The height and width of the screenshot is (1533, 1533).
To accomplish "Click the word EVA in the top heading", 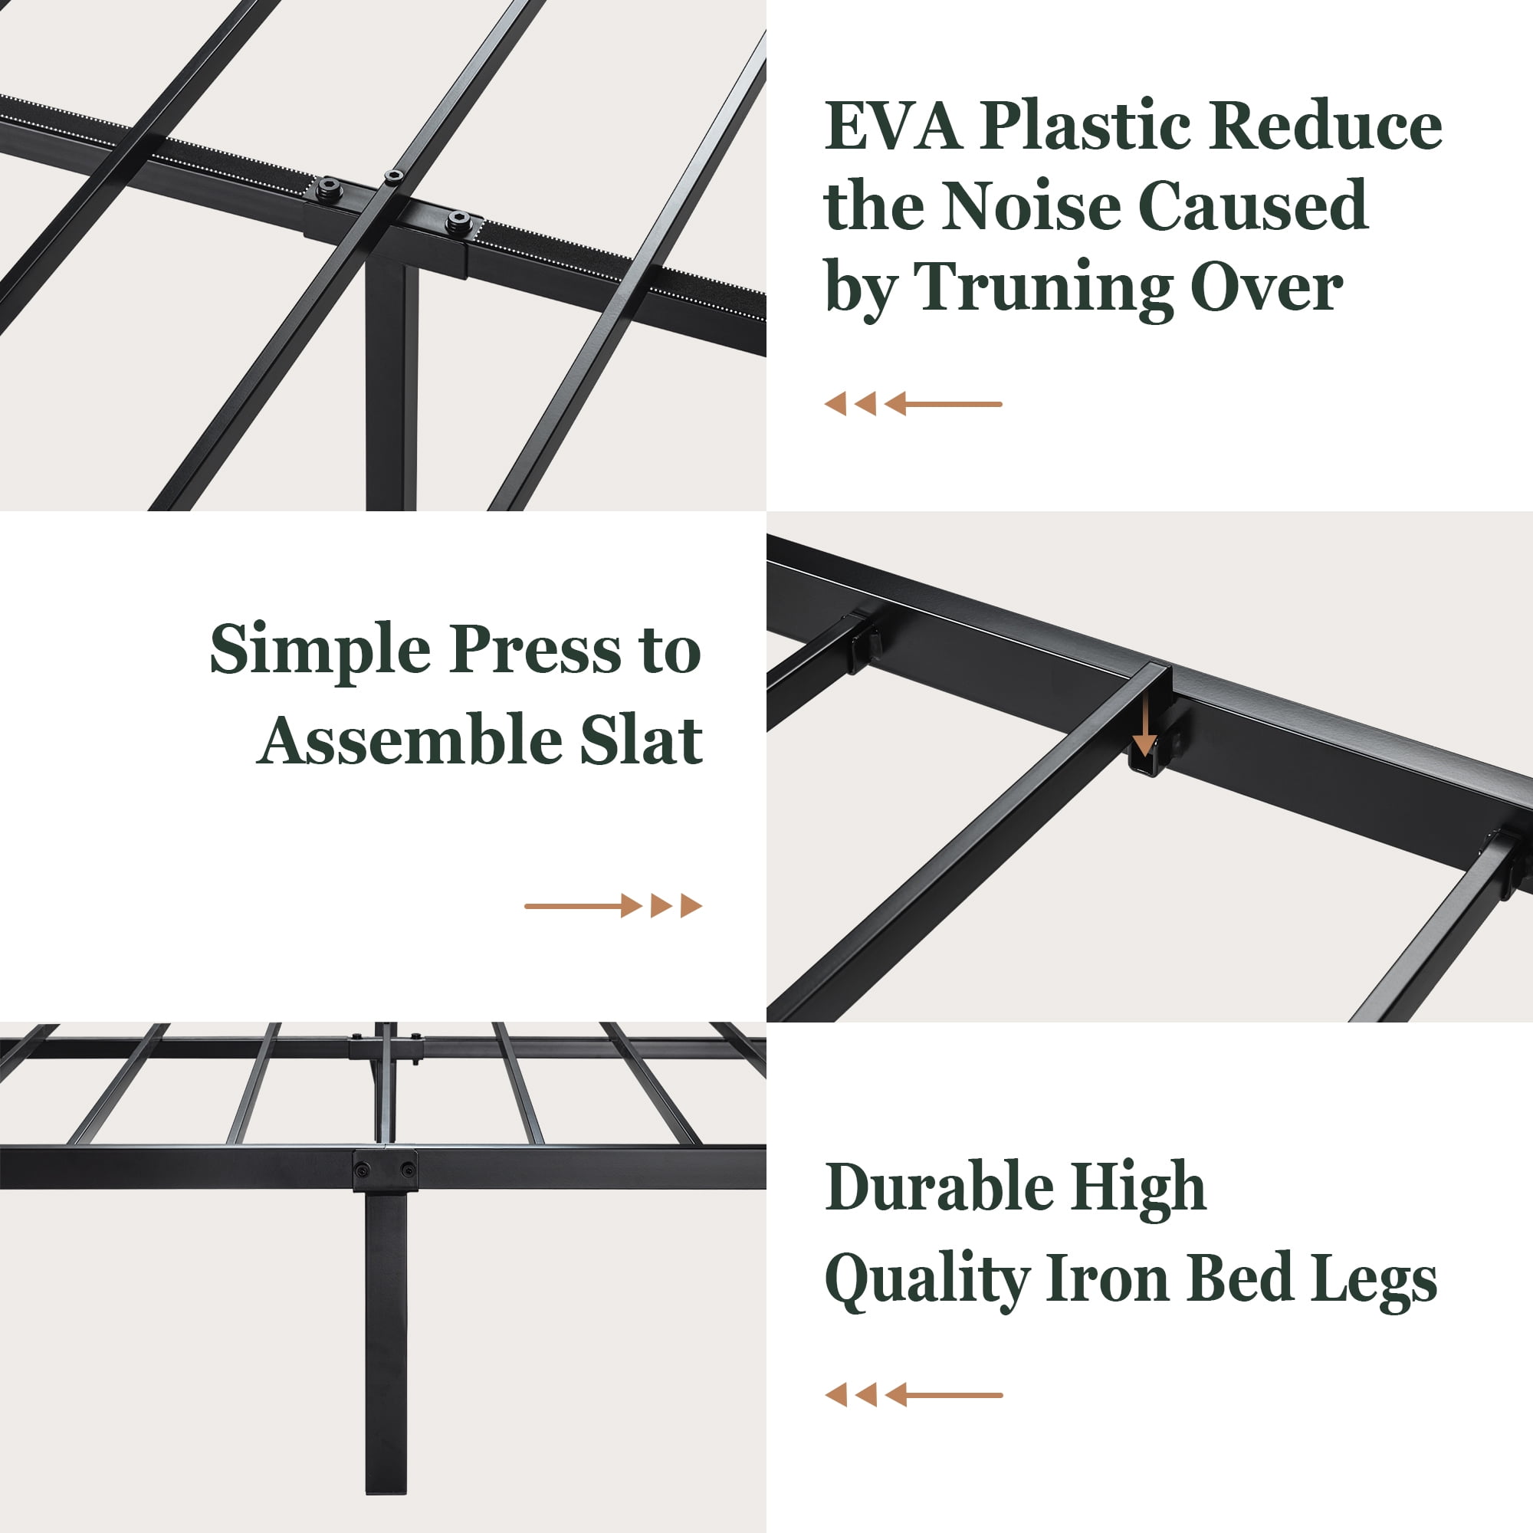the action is coord(894,127).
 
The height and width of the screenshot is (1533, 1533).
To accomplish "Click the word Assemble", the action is coord(409,740).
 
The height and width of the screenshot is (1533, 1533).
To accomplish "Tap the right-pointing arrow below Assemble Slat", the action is coord(613,905).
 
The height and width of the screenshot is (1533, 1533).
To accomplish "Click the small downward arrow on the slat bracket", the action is coord(1144,724).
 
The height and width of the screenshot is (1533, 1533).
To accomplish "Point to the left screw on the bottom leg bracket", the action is coord(363,1170).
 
